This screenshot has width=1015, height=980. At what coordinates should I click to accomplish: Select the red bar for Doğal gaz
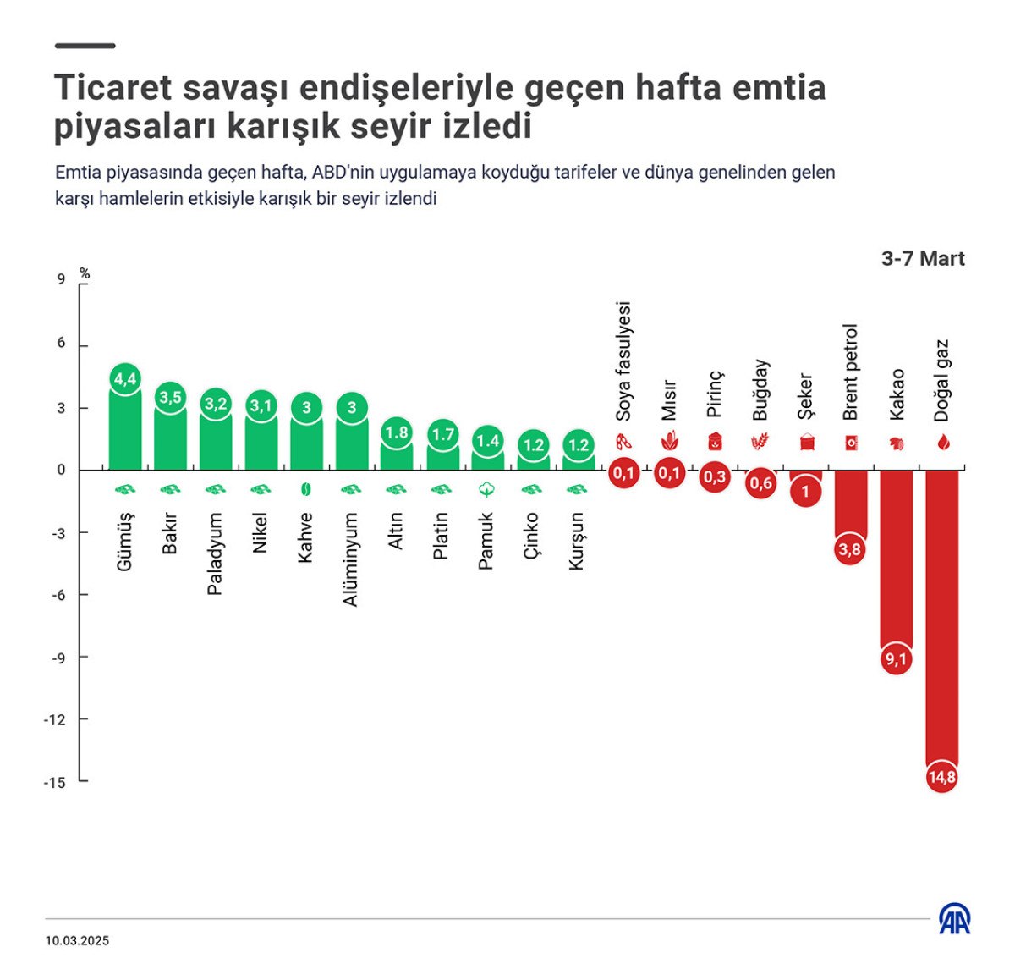[x=941, y=618]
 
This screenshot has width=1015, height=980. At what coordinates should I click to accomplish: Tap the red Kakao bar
[x=896, y=559]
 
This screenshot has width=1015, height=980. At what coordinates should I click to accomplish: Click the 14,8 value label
[x=941, y=777]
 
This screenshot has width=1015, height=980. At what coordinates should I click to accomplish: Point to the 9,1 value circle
[x=896, y=659]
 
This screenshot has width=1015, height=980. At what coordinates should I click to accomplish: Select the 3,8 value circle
[x=850, y=550]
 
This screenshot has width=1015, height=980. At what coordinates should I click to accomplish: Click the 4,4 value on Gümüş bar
[x=125, y=379]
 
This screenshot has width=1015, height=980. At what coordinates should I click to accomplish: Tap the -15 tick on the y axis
[x=55, y=783]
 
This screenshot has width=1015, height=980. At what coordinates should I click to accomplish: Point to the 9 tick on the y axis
[x=61, y=279]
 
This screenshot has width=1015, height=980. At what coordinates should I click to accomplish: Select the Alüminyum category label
[x=351, y=559]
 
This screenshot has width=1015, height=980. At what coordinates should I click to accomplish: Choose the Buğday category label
[x=760, y=389]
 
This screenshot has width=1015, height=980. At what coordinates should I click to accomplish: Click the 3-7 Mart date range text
[x=922, y=259]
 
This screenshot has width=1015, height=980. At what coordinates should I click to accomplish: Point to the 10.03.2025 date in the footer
[x=77, y=940]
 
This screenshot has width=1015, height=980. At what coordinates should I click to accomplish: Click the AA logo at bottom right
[x=955, y=919]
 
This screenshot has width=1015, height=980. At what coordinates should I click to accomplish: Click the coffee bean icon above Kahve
[x=306, y=489]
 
